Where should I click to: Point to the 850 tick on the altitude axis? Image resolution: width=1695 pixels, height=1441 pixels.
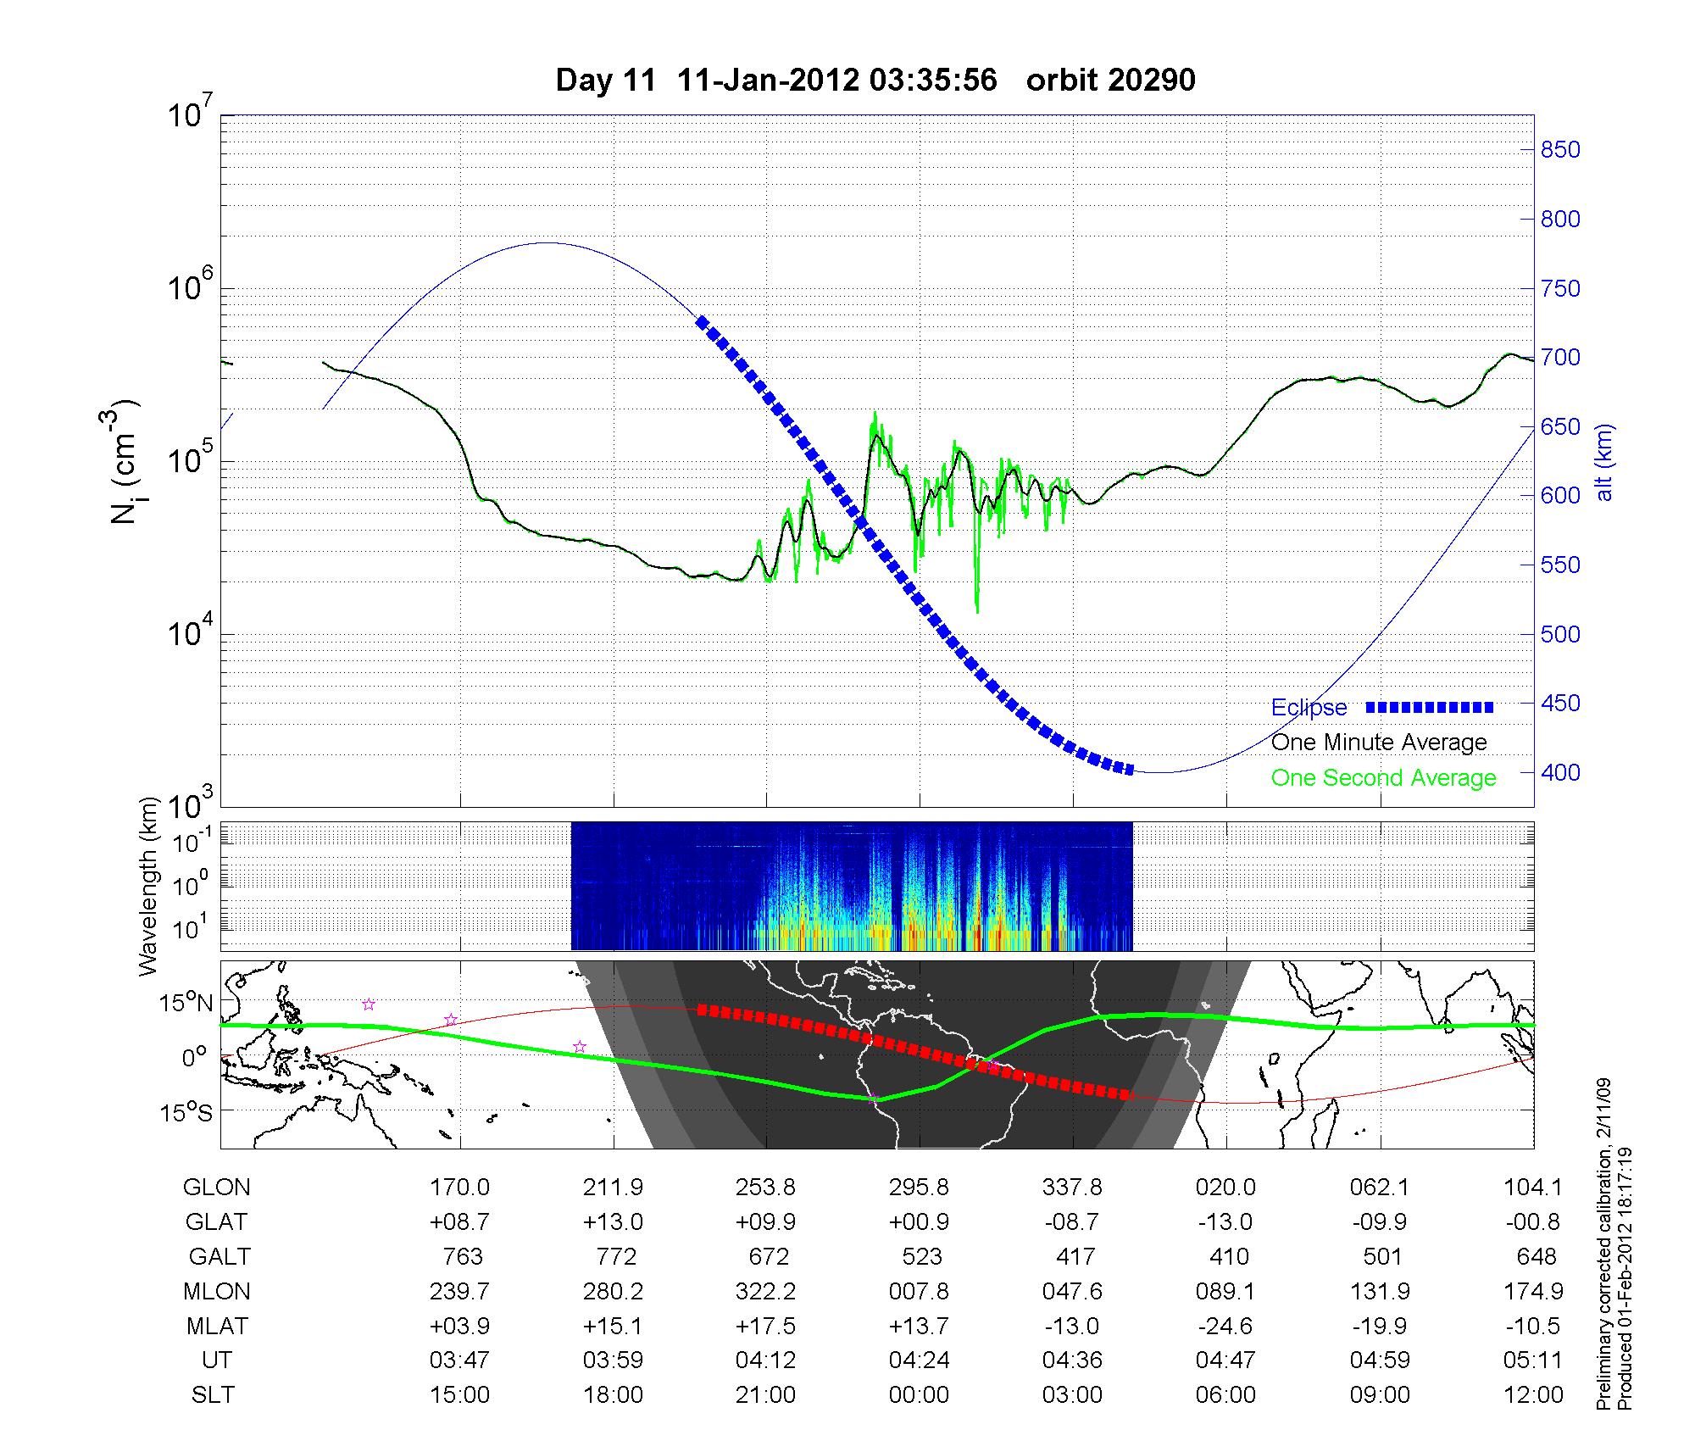(1560, 150)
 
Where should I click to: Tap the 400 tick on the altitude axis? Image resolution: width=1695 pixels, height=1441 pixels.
(1560, 772)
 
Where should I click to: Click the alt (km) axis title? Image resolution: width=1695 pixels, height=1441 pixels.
(1604, 463)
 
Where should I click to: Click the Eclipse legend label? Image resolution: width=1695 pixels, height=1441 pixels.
(1309, 707)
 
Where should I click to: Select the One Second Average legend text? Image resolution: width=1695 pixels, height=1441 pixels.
(1383, 777)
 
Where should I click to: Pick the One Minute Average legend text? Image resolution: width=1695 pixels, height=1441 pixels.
(1379, 743)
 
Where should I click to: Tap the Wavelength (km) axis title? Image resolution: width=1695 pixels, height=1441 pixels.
(149, 886)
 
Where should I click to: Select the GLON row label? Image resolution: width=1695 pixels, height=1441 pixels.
(217, 1188)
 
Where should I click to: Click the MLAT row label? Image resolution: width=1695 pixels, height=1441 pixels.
(217, 1326)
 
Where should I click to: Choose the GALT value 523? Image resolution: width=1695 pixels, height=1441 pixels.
(920, 1256)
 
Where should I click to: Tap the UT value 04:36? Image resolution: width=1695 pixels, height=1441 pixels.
(1072, 1360)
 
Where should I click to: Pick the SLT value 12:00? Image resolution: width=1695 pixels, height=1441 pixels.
(1532, 1394)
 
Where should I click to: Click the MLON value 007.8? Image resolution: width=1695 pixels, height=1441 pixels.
(920, 1291)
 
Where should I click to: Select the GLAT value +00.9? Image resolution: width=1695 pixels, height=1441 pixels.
(919, 1221)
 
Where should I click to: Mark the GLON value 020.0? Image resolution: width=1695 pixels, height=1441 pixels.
(1225, 1188)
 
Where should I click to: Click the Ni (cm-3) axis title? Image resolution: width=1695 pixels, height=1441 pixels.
(125, 463)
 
